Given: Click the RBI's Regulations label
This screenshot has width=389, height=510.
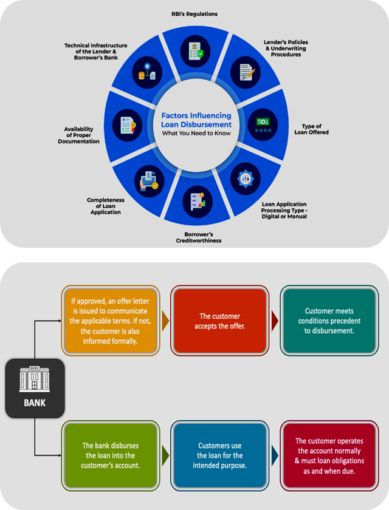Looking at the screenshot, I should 195,13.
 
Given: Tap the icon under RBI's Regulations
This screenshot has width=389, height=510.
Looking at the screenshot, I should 195,51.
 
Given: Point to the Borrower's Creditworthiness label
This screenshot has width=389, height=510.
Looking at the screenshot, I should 194,237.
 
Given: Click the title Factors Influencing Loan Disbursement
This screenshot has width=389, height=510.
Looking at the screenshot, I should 196,120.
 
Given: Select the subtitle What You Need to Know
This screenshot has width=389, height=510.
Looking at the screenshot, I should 196,133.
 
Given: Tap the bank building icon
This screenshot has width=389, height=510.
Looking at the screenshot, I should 35,379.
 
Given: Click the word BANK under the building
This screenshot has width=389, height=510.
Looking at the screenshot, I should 35,402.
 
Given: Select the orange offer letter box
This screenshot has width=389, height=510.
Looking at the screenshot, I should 110,321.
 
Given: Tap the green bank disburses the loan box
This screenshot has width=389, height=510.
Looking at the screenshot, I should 110,455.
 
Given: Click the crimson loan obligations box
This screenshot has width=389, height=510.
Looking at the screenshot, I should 328,455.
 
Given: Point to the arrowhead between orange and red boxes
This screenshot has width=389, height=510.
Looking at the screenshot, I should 164,321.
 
